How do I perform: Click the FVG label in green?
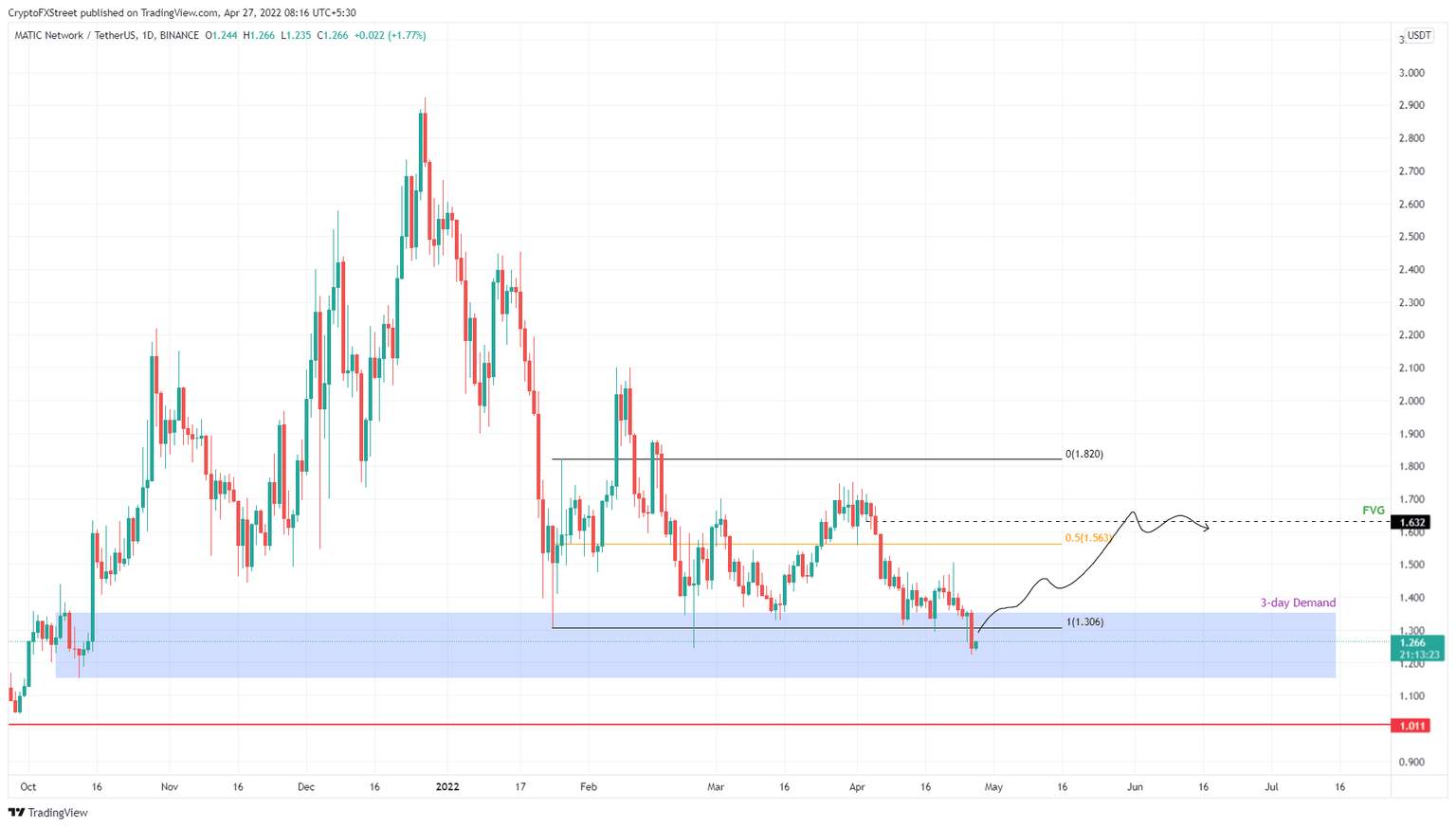[x=1373, y=511]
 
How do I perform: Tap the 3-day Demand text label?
[x=1297, y=602]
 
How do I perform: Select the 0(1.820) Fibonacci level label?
[x=1083, y=455]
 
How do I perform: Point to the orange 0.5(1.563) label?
[x=1087, y=538]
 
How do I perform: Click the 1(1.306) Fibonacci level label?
[x=1084, y=622]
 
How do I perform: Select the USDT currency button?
[x=1418, y=35]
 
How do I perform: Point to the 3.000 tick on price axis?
[x=1411, y=73]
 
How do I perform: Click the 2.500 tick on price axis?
[x=1411, y=237]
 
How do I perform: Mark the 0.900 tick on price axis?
[x=1411, y=762]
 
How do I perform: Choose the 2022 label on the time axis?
[x=446, y=786]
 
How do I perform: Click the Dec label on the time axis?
[x=305, y=786]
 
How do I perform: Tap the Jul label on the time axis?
[x=1271, y=786]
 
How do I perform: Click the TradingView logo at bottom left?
[x=48, y=812]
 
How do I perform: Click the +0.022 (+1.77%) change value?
[x=390, y=35]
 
